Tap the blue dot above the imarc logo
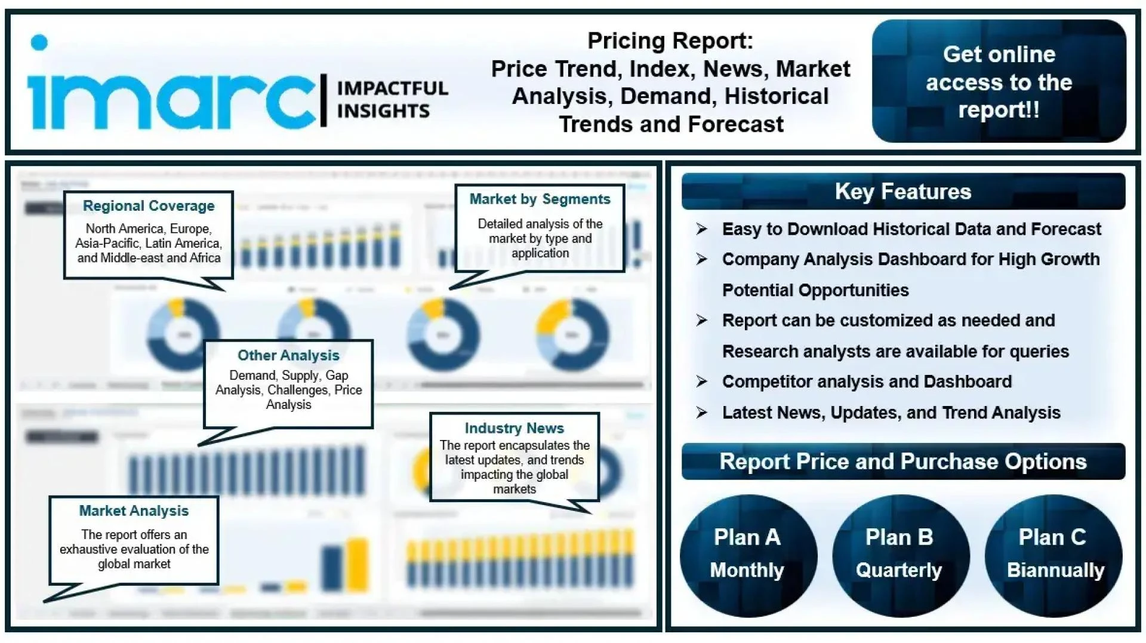39,42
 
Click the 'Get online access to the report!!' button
999,81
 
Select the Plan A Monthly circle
747,555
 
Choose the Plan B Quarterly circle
899,555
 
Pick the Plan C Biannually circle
1053,555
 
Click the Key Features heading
902,192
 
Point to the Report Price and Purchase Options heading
902,462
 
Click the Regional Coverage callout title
149,206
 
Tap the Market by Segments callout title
540,199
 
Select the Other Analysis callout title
288,355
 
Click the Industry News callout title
514,428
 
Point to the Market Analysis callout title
134,511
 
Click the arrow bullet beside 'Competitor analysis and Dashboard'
702,382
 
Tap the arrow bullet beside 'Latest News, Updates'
702,413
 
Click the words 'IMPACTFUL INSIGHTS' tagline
392,100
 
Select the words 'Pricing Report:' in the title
670,41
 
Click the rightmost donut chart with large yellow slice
572,335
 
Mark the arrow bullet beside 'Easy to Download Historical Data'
702,229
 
